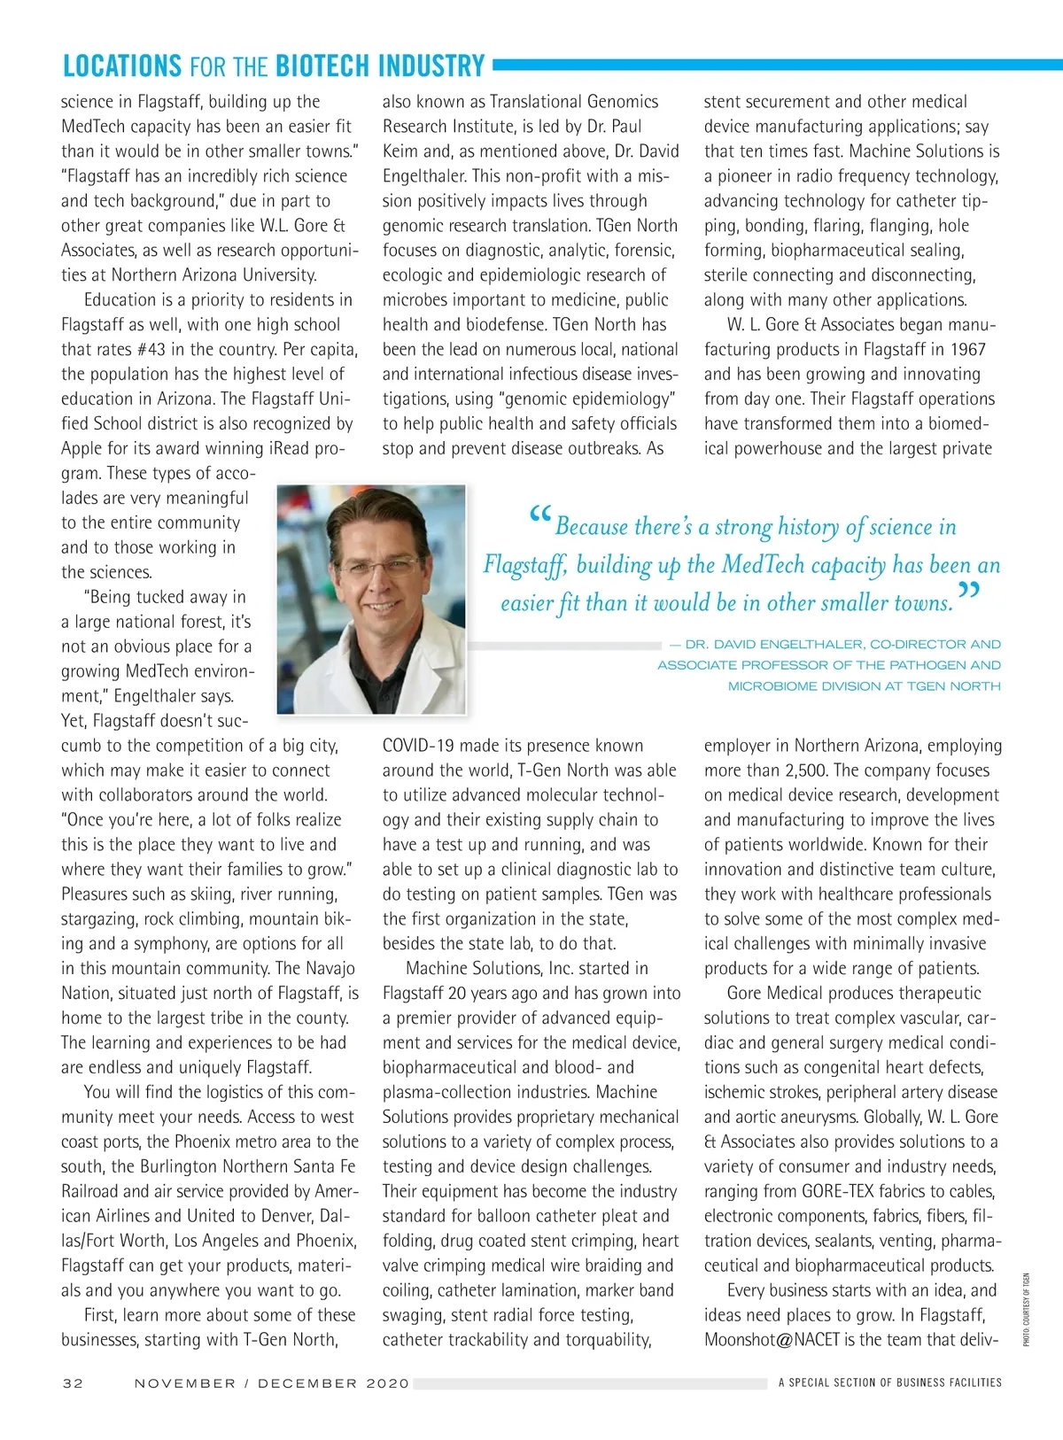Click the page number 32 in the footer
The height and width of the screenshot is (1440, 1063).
pyautogui.click(x=73, y=1382)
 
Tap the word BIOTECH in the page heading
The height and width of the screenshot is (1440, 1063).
pyautogui.click(x=322, y=66)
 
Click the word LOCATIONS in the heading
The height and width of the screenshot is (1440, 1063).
pyautogui.click(x=121, y=66)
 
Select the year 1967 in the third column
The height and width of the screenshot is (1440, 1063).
pyautogui.click(x=966, y=349)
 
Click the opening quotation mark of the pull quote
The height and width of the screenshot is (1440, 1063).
pyautogui.click(x=539, y=516)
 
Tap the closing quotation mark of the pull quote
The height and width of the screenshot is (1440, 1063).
pyautogui.click(x=969, y=592)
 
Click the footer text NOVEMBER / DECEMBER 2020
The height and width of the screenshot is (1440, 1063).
pyautogui.click(x=272, y=1382)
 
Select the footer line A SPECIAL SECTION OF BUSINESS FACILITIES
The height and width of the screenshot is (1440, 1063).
pyautogui.click(x=889, y=1382)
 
